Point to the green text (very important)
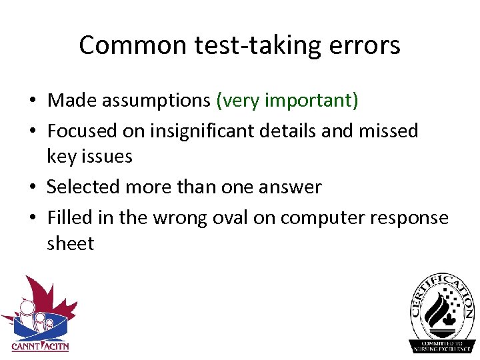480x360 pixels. [287, 101]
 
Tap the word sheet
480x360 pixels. [70, 243]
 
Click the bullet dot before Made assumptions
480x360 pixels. [33, 101]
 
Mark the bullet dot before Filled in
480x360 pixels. [33, 218]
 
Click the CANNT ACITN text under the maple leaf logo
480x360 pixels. [40, 347]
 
